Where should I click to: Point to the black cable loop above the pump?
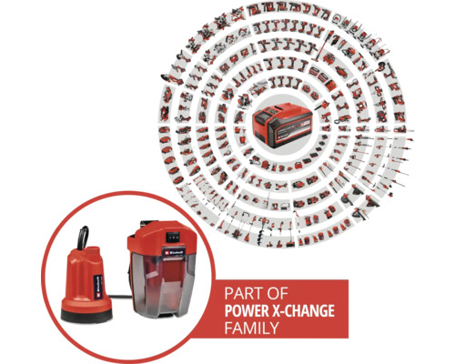pos(83,238)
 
